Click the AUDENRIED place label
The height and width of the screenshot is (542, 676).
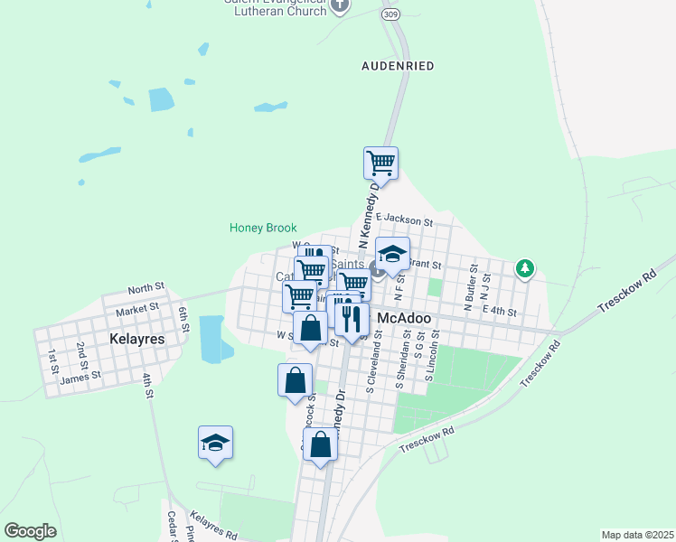pyautogui.click(x=398, y=66)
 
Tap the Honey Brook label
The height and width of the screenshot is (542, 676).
pyautogui.click(x=263, y=228)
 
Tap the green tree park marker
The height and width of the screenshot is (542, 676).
pyautogui.click(x=525, y=268)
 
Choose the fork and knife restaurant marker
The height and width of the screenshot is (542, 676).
pyautogui.click(x=351, y=315)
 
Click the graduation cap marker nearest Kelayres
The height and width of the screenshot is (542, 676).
pyautogui.click(x=215, y=442)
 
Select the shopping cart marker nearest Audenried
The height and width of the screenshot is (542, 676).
pyautogui.click(x=380, y=163)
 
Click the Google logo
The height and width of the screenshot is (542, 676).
pyautogui.click(x=30, y=530)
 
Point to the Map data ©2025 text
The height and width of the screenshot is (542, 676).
pyautogui.click(x=637, y=535)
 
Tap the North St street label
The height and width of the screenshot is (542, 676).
pyautogui.click(x=146, y=287)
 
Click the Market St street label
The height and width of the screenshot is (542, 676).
pyautogui.click(x=137, y=307)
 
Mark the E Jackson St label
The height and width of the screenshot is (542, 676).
pyautogui.click(x=405, y=220)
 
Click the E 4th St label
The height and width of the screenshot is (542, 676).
pyautogui.click(x=499, y=311)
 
